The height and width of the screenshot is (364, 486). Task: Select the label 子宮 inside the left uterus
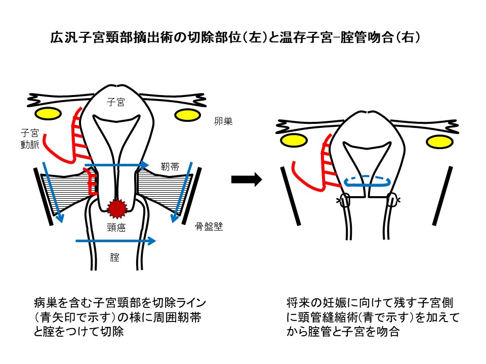pos(116,102)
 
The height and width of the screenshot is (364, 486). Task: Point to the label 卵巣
pos(223,121)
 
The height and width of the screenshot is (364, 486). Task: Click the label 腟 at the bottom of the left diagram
pos(115,257)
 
